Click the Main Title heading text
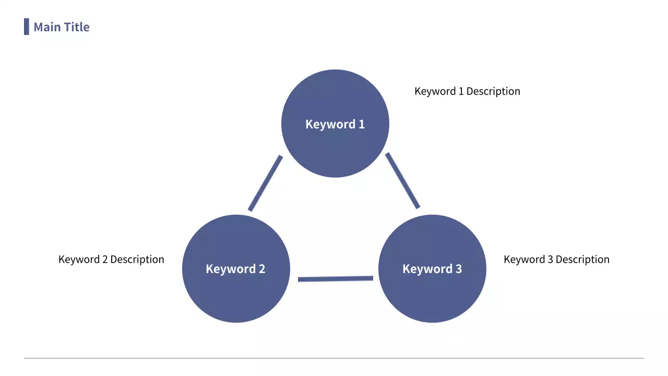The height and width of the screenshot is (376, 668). (x=61, y=27)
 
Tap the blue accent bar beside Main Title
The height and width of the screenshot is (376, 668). (x=26, y=27)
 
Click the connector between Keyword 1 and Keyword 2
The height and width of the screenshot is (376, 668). (x=265, y=183)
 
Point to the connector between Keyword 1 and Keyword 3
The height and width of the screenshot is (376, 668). (x=402, y=181)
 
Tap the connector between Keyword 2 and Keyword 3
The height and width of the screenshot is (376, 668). (x=335, y=279)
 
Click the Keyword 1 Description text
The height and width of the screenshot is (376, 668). (x=467, y=91)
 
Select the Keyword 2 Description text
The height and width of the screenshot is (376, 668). (x=111, y=260)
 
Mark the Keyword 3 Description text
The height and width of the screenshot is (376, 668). (x=556, y=260)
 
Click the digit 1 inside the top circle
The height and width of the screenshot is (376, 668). (x=361, y=124)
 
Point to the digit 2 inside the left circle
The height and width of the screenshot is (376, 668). (x=261, y=269)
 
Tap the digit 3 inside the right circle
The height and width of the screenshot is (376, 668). (x=458, y=269)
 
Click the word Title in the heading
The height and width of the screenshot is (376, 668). (x=77, y=27)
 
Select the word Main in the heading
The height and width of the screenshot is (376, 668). (x=47, y=27)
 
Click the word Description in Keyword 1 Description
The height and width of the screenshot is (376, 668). (x=493, y=91)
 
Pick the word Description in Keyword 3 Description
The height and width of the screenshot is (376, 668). (x=582, y=260)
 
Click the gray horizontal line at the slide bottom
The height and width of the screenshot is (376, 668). (x=334, y=358)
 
